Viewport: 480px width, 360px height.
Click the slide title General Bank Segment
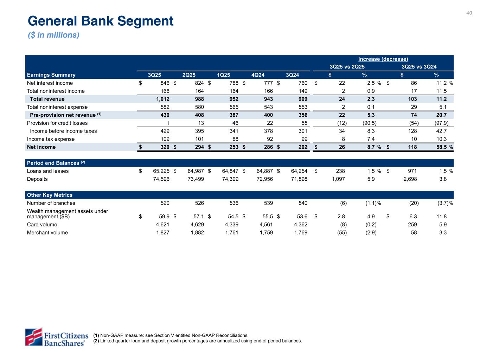101,21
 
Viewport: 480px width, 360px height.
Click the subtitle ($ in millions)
54,35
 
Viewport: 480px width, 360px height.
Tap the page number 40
469,13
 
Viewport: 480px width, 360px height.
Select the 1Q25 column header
224,75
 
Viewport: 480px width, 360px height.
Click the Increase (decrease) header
383,59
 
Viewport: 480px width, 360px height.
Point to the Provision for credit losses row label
57,123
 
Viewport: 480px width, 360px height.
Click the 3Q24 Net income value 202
302,147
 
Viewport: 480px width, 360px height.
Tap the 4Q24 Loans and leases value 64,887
263,171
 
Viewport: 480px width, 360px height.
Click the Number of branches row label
51,203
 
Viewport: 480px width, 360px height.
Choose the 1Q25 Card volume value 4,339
230,225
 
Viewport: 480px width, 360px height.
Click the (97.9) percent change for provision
441,123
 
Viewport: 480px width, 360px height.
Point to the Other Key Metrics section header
50,195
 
